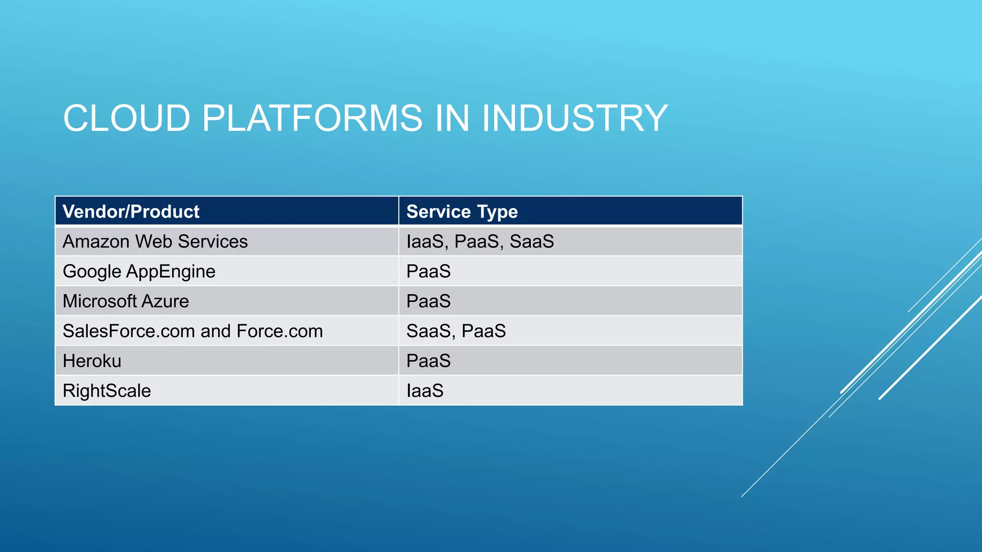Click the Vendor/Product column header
click(131, 211)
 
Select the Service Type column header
click(462, 211)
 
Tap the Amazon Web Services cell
click(155, 241)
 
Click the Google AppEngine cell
click(139, 272)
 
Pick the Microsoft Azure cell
click(126, 301)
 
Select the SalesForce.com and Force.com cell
click(193, 331)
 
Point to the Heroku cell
click(92, 361)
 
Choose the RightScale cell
click(107, 391)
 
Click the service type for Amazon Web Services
click(480, 241)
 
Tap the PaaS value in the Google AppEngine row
click(428, 272)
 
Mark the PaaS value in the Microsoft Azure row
click(428, 301)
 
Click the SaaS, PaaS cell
click(456, 331)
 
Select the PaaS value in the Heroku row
click(428, 361)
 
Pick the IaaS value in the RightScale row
click(425, 391)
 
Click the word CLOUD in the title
click(127, 118)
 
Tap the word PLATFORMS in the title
click(312, 118)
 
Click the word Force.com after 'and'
click(280, 331)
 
